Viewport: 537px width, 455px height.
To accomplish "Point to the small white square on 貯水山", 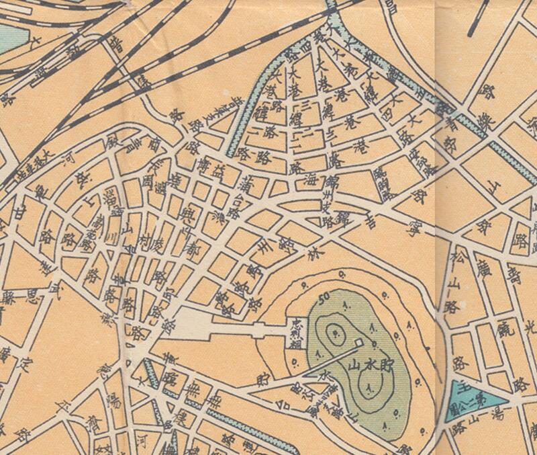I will point(357,343).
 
